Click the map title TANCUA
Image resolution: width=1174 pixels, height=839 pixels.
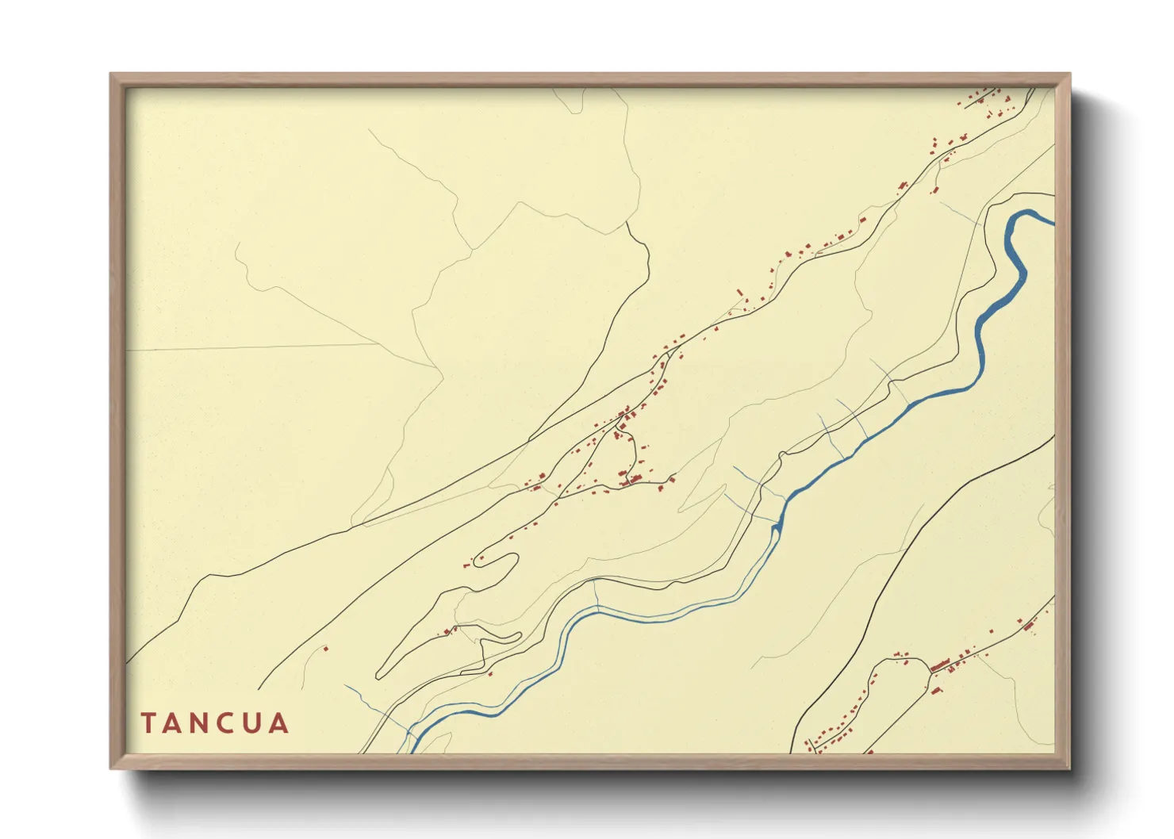click(215, 723)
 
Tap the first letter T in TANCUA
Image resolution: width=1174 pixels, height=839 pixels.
click(148, 723)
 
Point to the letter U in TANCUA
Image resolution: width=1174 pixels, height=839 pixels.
click(253, 723)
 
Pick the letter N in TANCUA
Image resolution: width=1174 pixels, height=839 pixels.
click(199, 723)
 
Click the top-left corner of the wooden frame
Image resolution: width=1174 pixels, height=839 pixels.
click(111, 75)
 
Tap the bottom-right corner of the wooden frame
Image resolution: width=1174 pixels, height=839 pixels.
click(1069, 768)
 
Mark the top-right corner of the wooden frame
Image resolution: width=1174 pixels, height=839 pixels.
click(1069, 75)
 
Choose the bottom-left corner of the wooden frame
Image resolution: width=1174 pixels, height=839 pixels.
click(111, 768)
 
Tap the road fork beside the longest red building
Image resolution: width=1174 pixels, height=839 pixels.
click(930, 672)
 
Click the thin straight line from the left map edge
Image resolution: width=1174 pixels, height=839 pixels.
click(254, 347)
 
